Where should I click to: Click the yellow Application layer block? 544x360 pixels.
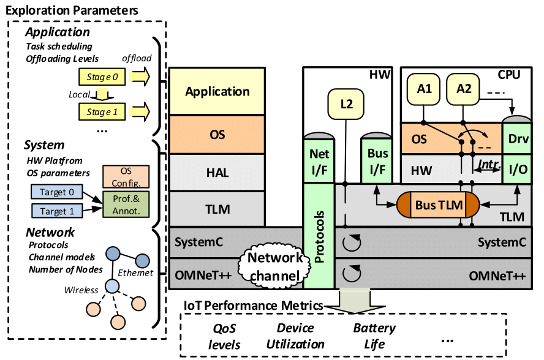coord(217,92)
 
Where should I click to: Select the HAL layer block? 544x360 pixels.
coord(217,173)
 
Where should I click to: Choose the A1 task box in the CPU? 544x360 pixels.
coord(424,89)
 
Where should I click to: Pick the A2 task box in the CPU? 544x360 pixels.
coord(463,89)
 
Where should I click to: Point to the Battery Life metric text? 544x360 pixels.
coord(374,336)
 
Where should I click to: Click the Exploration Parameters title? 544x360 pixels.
coord(72,10)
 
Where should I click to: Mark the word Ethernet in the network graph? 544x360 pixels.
coord(135,273)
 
